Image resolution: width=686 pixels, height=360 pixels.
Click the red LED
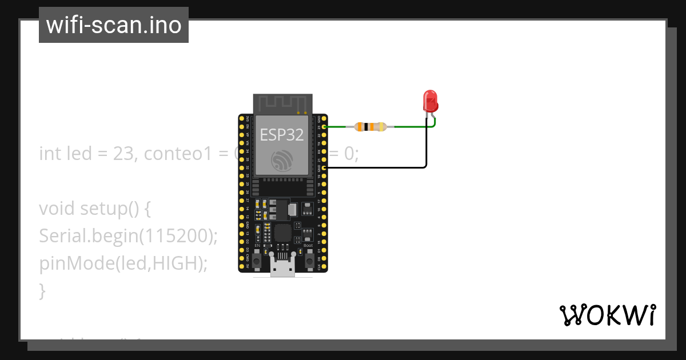[430, 101]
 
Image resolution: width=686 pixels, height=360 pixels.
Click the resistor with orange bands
[370, 127]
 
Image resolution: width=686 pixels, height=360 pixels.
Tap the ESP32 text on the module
[282, 134]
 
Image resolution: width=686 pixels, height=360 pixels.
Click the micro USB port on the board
[283, 269]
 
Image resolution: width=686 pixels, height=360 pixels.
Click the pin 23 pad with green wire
[325, 127]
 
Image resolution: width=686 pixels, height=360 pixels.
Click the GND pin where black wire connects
[325, 168]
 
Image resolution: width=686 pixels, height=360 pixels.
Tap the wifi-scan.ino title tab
[114, 25]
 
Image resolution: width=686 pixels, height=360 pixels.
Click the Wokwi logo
[607, 315]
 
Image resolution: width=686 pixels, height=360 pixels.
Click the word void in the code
[57, 209]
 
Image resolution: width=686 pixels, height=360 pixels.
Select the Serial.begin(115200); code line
[129, 236]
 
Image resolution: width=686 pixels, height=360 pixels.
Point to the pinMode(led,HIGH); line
[123, 263]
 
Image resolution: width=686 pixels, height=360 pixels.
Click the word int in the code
[50, 154]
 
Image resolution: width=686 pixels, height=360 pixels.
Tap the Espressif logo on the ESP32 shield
[282, 161]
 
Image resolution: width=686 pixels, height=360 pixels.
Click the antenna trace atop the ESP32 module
[283, 104]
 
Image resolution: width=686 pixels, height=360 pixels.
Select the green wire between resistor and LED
[410, 127]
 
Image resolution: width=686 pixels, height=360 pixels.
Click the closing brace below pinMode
[42, 291]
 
